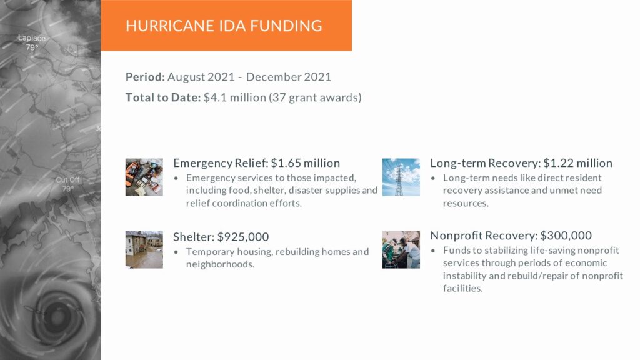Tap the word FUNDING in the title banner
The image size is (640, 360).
point(286,26)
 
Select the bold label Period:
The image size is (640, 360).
point(145,77)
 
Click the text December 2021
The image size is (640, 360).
point(289,77)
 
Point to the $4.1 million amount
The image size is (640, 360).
point(235,97)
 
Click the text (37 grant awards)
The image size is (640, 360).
point(315,97)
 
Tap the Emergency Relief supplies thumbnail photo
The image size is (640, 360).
point(144,177)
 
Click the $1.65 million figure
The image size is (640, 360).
point(305,163)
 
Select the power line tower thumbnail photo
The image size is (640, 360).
point(401,177)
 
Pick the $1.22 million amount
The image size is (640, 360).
point(577,163)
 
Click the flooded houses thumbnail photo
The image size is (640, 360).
point(144,249)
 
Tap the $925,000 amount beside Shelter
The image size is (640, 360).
point(243,237)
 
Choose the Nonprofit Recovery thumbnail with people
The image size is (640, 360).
point(401,249)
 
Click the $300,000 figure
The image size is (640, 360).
point(566,236)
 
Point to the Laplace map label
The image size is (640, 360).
point(32,38)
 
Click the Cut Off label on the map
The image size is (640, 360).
point(67,179)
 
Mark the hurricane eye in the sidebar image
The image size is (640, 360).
point(56,316)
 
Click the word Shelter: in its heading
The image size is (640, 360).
point(194,237)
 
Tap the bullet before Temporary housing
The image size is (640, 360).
point(176,252)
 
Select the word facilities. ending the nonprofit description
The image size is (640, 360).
point(463,288)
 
